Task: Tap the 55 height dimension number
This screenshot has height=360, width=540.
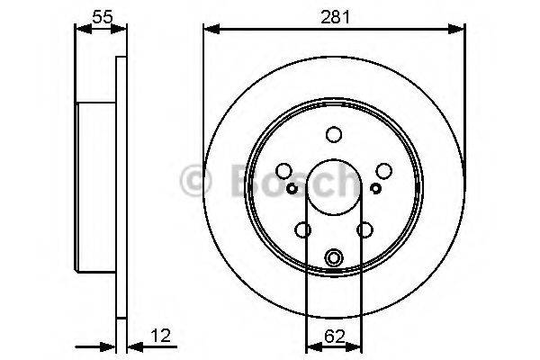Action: coord(101,16)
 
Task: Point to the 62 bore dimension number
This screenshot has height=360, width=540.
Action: coord(334,338)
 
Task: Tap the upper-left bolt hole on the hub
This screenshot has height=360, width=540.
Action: coord(283,171)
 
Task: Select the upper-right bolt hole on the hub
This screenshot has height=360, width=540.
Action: coord(384,171)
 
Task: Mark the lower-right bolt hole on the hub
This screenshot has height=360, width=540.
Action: coord(365,230)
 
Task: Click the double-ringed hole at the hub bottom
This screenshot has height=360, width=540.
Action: coord(334,258)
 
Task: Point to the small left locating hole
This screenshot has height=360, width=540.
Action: coord(292,187)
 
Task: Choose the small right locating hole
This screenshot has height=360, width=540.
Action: coord(376,187)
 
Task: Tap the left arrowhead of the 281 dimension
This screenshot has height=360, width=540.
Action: coord(210,30)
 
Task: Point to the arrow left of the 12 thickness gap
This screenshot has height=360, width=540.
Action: coord(110,346)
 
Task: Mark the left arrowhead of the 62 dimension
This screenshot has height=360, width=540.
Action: coord(311,346)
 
